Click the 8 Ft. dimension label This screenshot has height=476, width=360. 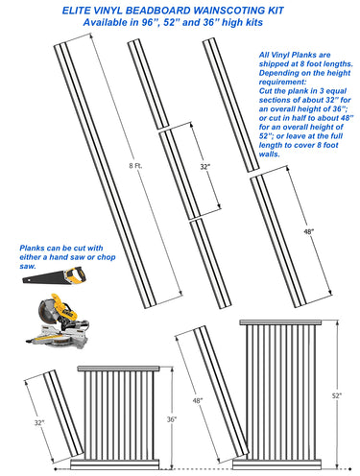point(135,166)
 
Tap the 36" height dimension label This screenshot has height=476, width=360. point(172,419)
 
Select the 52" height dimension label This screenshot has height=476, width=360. point(337,395)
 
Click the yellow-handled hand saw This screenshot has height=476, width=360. point(54,276)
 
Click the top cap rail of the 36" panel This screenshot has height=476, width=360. point(118,369)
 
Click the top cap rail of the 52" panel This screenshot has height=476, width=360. point(281,322)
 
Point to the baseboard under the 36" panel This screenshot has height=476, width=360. point(115,464)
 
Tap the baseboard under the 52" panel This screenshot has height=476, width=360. point(276,464)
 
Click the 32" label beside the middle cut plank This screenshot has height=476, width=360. point(205,167)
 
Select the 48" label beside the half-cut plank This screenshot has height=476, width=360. point(309,231)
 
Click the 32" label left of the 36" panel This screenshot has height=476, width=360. point(39,422)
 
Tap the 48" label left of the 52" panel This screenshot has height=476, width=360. point(198,400)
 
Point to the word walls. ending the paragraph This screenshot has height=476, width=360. point(270,154)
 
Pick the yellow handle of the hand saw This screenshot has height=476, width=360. point(76,275)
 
